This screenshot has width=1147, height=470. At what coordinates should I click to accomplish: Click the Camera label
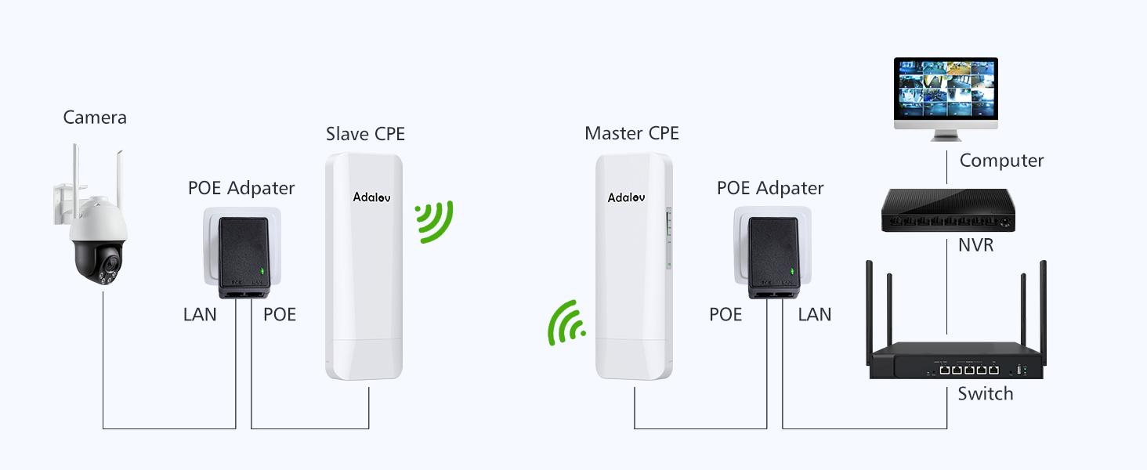[95, 117]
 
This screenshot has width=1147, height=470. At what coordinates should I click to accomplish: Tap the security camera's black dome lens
[110, 265]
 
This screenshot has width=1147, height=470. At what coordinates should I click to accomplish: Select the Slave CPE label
[365, 134]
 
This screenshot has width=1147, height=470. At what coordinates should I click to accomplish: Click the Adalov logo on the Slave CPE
[371, 197]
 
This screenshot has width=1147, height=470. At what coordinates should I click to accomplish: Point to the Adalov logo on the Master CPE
[626, 197]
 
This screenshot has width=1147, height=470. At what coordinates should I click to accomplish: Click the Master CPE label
[631, 134]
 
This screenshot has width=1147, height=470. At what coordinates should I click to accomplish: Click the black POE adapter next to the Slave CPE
[244, 258]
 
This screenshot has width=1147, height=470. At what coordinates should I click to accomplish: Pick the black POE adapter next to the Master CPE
[773, 258]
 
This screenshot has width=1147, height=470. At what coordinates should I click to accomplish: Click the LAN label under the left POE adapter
[200, 314]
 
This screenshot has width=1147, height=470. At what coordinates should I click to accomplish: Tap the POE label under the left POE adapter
[280, 314]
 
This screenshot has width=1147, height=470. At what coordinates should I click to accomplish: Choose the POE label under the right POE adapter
[725, 314]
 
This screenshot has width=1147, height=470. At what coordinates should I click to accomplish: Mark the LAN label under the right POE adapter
[815, 314]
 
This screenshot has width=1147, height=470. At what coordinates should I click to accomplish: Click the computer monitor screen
[946, 89]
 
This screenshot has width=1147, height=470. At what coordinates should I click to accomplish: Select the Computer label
[1001, 161]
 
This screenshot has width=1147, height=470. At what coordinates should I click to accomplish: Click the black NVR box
[948, 210]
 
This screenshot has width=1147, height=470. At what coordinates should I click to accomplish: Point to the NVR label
[976, 245]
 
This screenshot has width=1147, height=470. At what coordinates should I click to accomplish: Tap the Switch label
[986, 394]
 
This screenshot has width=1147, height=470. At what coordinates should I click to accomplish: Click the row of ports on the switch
[969, 370]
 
